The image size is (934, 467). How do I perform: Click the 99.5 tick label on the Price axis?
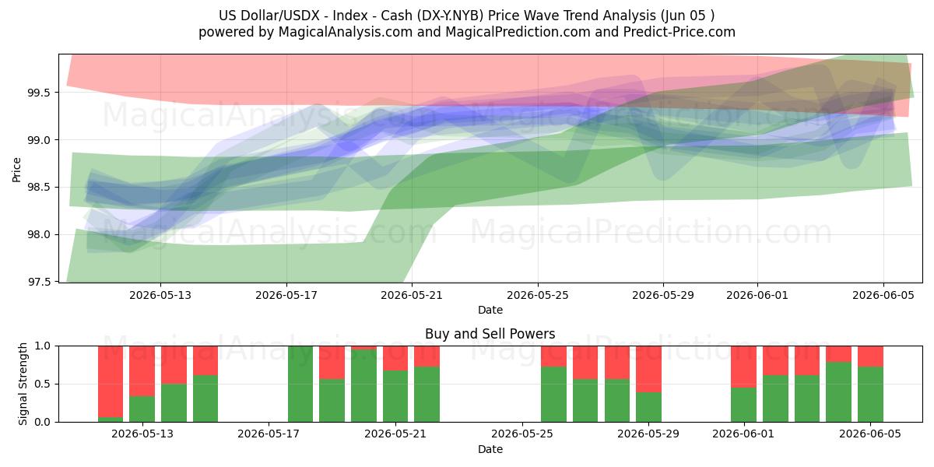(39, 93)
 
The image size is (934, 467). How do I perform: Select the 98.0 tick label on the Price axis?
(39, 235)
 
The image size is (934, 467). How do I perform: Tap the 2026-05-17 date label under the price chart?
(286, 295)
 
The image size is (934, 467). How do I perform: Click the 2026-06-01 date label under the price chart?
(757, 295)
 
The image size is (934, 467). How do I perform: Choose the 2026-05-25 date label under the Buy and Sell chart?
(522, 434)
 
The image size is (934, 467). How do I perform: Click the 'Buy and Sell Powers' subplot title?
(490, 334)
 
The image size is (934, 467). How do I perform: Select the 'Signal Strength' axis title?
(23, 384)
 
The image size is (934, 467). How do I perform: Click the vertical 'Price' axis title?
(16, 170)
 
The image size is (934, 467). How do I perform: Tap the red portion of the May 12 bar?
(111, 381)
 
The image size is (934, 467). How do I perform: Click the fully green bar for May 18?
(300, 384)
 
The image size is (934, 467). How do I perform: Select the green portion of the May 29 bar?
(648, 407)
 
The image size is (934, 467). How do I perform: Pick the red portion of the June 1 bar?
(743, 367)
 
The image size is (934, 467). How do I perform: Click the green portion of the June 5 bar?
(870, 395)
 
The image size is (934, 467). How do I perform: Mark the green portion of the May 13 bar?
(142, 409)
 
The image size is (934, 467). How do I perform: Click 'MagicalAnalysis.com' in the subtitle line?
(346, 32)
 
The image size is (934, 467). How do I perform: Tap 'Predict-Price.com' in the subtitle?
(679, 32)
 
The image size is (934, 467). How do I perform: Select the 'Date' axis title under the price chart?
(490, 310)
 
